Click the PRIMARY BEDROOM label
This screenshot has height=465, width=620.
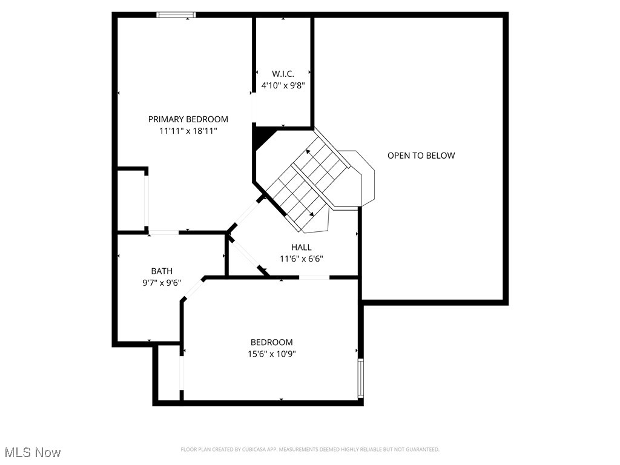tap(188, 119)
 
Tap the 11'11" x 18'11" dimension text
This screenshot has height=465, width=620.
tap(188, 131)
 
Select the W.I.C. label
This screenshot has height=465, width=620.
tap(282, 74)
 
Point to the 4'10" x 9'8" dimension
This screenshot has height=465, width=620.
tap(282, 85)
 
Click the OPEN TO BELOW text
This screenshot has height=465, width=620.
tap(421, 156)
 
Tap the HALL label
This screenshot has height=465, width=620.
tap(301, 247)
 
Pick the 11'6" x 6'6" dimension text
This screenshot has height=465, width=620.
tap(301, 259)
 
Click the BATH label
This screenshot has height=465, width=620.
tap(162, 271)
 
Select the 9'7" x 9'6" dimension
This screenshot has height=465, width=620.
tap(162, 282)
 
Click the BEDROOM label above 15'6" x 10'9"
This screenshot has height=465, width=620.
tap(272, 342)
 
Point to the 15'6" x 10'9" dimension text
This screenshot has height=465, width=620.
tap(272, 354)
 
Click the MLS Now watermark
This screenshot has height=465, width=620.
tap(33, 452)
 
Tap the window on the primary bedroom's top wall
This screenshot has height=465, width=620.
tap(176, 15)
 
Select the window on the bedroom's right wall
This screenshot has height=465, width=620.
tap(361, 378)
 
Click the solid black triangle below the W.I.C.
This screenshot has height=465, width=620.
tap(261, 137)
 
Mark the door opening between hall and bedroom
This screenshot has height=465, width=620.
tap(314, 277)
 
